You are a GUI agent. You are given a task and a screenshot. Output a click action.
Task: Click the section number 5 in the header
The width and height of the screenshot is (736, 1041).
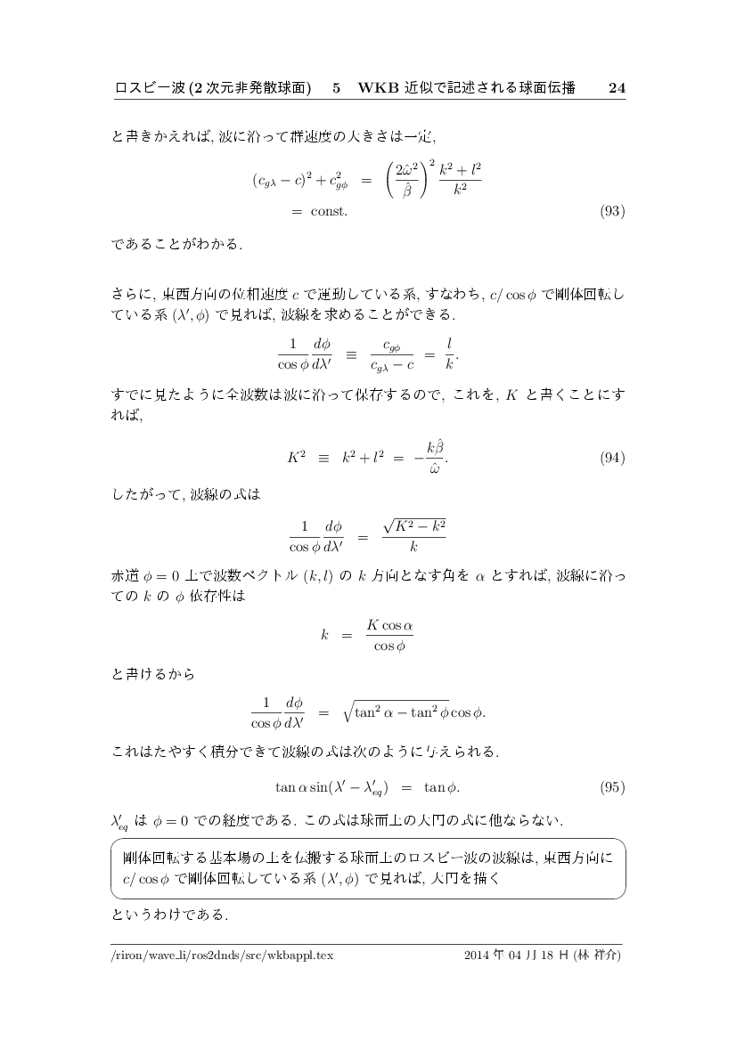[x=336, y=88]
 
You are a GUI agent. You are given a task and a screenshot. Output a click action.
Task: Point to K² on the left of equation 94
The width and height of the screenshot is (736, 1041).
[x=297, y=459]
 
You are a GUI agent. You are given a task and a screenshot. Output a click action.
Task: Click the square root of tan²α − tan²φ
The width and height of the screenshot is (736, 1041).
[x=400, y=712]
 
